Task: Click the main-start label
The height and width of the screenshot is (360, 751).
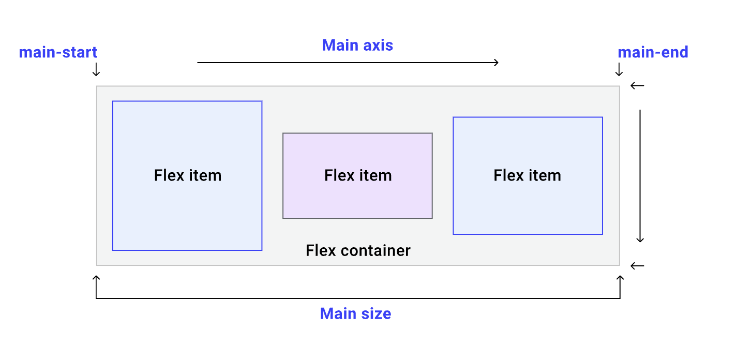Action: pos(58,52)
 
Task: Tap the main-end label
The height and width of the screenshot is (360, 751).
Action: pos(653,52)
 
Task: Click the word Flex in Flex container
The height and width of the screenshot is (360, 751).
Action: pos(317,251)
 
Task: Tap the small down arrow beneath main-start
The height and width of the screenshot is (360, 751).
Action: pos(96,69)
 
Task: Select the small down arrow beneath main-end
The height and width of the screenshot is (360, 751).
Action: pos(619,69)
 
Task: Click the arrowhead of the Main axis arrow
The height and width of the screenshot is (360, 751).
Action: pos(496,63)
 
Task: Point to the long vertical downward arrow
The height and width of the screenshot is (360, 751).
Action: pos(640,176)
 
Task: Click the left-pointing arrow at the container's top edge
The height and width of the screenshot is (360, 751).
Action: pos(637,86)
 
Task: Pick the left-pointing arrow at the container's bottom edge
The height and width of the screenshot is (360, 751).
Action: pos(637,266)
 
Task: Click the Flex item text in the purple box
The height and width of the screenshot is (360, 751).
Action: pos(358,176)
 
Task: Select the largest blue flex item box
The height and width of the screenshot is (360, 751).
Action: pos(187,217)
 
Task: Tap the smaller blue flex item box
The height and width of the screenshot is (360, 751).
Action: pos(528,207)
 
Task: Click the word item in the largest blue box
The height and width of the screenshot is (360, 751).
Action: pos(205,176)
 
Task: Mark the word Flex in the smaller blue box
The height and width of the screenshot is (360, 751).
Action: pos(505,176)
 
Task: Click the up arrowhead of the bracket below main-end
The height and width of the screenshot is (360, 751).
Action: pos(620,279)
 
